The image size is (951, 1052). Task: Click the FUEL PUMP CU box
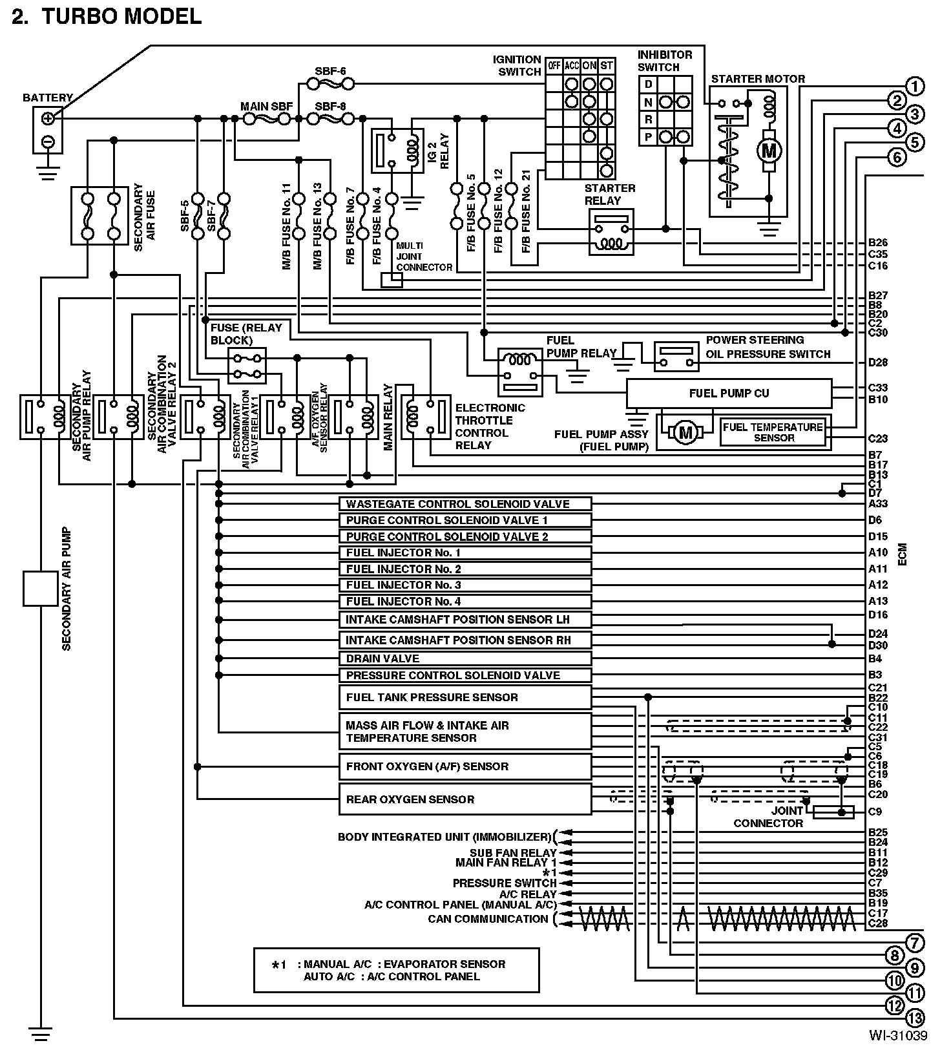point(729,393)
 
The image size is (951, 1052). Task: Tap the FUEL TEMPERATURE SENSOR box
point(773,432)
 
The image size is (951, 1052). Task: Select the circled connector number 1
point(915,86)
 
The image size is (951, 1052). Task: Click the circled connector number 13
point(915,1018)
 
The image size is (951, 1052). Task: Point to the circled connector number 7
point(915,943)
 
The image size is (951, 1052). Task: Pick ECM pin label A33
point(878,504)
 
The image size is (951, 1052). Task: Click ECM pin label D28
point(878,363)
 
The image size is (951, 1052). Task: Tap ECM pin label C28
point(878,923)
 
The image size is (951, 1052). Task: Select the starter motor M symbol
point(769,151)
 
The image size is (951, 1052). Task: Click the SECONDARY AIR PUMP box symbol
point(40,588)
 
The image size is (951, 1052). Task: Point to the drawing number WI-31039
point(897,1035)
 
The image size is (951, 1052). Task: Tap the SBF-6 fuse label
point(330,71)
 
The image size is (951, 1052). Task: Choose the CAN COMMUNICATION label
point(488,919)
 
